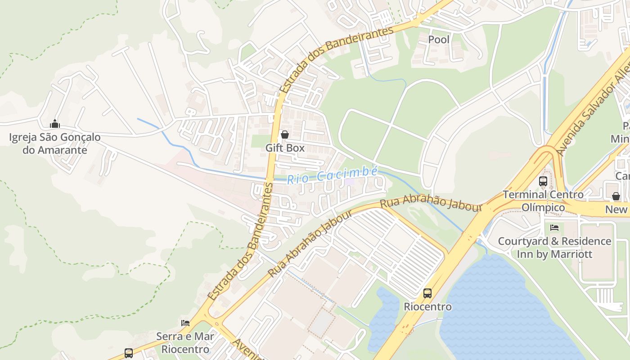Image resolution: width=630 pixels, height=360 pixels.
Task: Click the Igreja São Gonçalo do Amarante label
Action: click(55, 143)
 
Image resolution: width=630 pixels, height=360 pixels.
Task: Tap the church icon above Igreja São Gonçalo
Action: click(55, 124)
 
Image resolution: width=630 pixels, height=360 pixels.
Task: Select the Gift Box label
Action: click(285, 148)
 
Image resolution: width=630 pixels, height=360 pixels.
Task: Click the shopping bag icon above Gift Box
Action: click(284, 134)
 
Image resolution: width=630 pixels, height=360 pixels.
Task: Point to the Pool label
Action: click(439, 40)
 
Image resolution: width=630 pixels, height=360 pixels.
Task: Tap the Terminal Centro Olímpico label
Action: click(543, 201)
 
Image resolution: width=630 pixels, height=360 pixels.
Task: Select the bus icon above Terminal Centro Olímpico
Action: click(543, 181)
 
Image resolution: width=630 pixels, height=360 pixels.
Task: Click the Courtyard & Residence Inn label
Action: click(554, 247)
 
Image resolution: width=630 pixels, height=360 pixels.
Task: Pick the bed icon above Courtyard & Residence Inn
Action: click(554, 228)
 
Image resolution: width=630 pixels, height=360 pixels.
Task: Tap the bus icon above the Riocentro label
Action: click(427, 293)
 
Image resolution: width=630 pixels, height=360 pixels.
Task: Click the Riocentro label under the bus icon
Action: click(427, 306)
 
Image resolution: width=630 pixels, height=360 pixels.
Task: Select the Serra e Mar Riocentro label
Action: click(185, 342)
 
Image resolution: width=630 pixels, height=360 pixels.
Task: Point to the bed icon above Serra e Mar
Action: click(185, 323)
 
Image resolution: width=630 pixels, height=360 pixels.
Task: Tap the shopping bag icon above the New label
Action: click(616, 196)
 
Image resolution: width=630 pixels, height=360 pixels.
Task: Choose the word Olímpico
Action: click(543, 207)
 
